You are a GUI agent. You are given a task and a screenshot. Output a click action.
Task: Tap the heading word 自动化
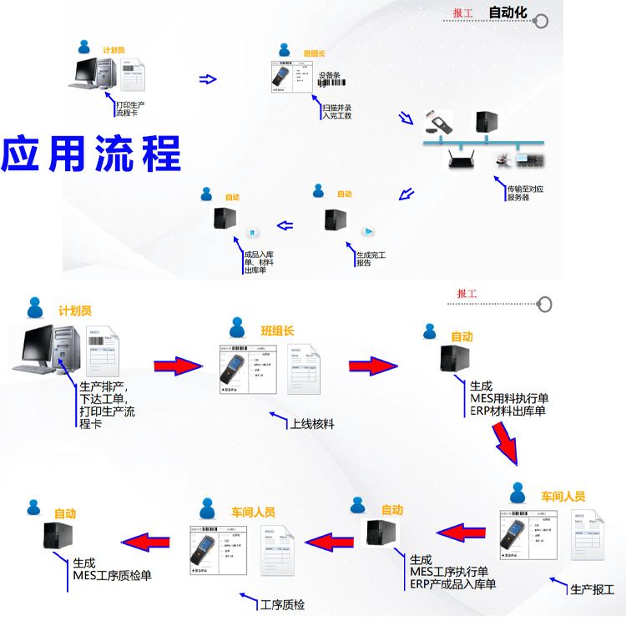pos(507,13)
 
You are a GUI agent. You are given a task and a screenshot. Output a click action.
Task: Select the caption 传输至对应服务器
pos(525,194)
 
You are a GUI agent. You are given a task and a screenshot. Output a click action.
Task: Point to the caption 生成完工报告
pos(371,259)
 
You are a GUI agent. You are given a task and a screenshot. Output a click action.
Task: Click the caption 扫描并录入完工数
pos(337,112)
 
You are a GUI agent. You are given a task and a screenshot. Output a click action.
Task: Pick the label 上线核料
pos(312,424)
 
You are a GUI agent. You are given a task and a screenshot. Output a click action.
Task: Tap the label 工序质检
pos(283,604)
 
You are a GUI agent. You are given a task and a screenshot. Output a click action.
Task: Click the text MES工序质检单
pos(112,574)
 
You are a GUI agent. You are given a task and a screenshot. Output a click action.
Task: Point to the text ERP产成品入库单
pos(453,583)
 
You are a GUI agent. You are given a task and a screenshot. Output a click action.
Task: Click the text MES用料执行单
pos(509,398)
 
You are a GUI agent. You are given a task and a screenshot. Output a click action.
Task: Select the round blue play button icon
pos(367,231)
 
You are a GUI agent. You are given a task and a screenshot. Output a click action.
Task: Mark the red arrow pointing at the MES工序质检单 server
pos(149,541)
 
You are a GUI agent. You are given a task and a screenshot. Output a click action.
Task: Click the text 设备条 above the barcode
pos(331,75)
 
